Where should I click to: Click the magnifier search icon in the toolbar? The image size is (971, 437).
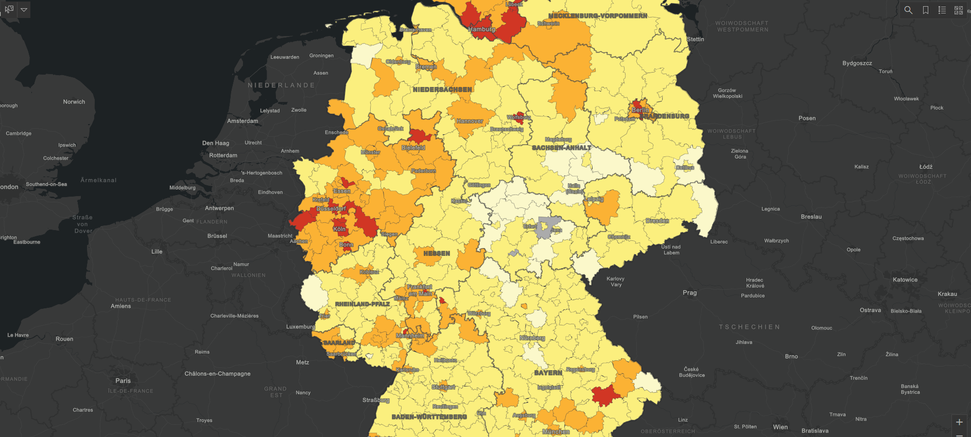pos(908,10)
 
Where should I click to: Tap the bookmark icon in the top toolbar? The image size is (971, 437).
pos(925,10)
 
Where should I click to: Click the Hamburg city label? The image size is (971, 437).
pos(481,29)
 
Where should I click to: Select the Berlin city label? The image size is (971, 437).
pos(640,110)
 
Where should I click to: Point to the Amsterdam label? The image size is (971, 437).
pos(242,121)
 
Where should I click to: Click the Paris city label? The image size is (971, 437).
pos(123,381)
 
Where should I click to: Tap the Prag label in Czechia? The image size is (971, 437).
pos(689,293)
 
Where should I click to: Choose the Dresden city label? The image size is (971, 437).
pos(657,221)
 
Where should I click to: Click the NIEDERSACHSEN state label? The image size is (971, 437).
pos(442,90)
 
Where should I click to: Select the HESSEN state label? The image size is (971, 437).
pos(437,253)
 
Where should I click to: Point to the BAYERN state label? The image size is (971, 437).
pos(548,373)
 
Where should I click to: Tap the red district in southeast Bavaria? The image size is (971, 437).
pos(605,395)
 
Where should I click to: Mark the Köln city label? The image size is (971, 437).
pos(339,229)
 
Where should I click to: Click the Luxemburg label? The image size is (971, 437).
pos(301,327)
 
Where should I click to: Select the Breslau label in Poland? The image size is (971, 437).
pos(811,217)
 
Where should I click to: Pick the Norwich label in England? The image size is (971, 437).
pos(74,102)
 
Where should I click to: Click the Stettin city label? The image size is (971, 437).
pos(695,39)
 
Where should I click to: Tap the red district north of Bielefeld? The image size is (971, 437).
pos(420,136)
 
